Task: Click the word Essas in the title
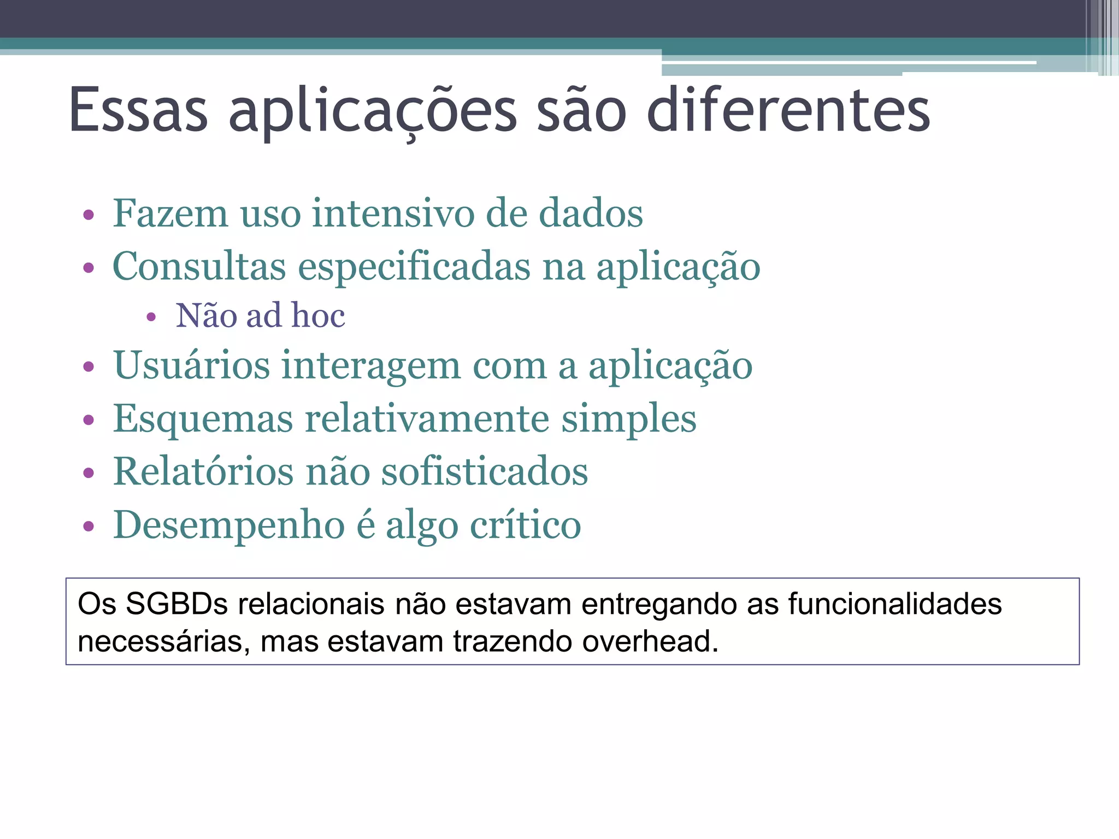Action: tap(138, 110)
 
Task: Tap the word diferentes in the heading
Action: tap(788, 110)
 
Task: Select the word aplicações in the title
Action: tap(372, 110)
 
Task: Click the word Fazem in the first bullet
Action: tap(170, 214)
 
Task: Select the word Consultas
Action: tap(199, 267)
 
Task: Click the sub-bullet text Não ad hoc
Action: tap(260, 316)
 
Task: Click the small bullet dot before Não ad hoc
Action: tap(151, 317)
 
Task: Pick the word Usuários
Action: tap(191, 365)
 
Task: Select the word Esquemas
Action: tap(203, 419)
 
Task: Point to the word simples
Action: tap(629, 419)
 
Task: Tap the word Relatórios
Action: tap(203, 471)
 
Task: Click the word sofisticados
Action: tap(484, 471)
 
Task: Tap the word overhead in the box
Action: tap(650, 641)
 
